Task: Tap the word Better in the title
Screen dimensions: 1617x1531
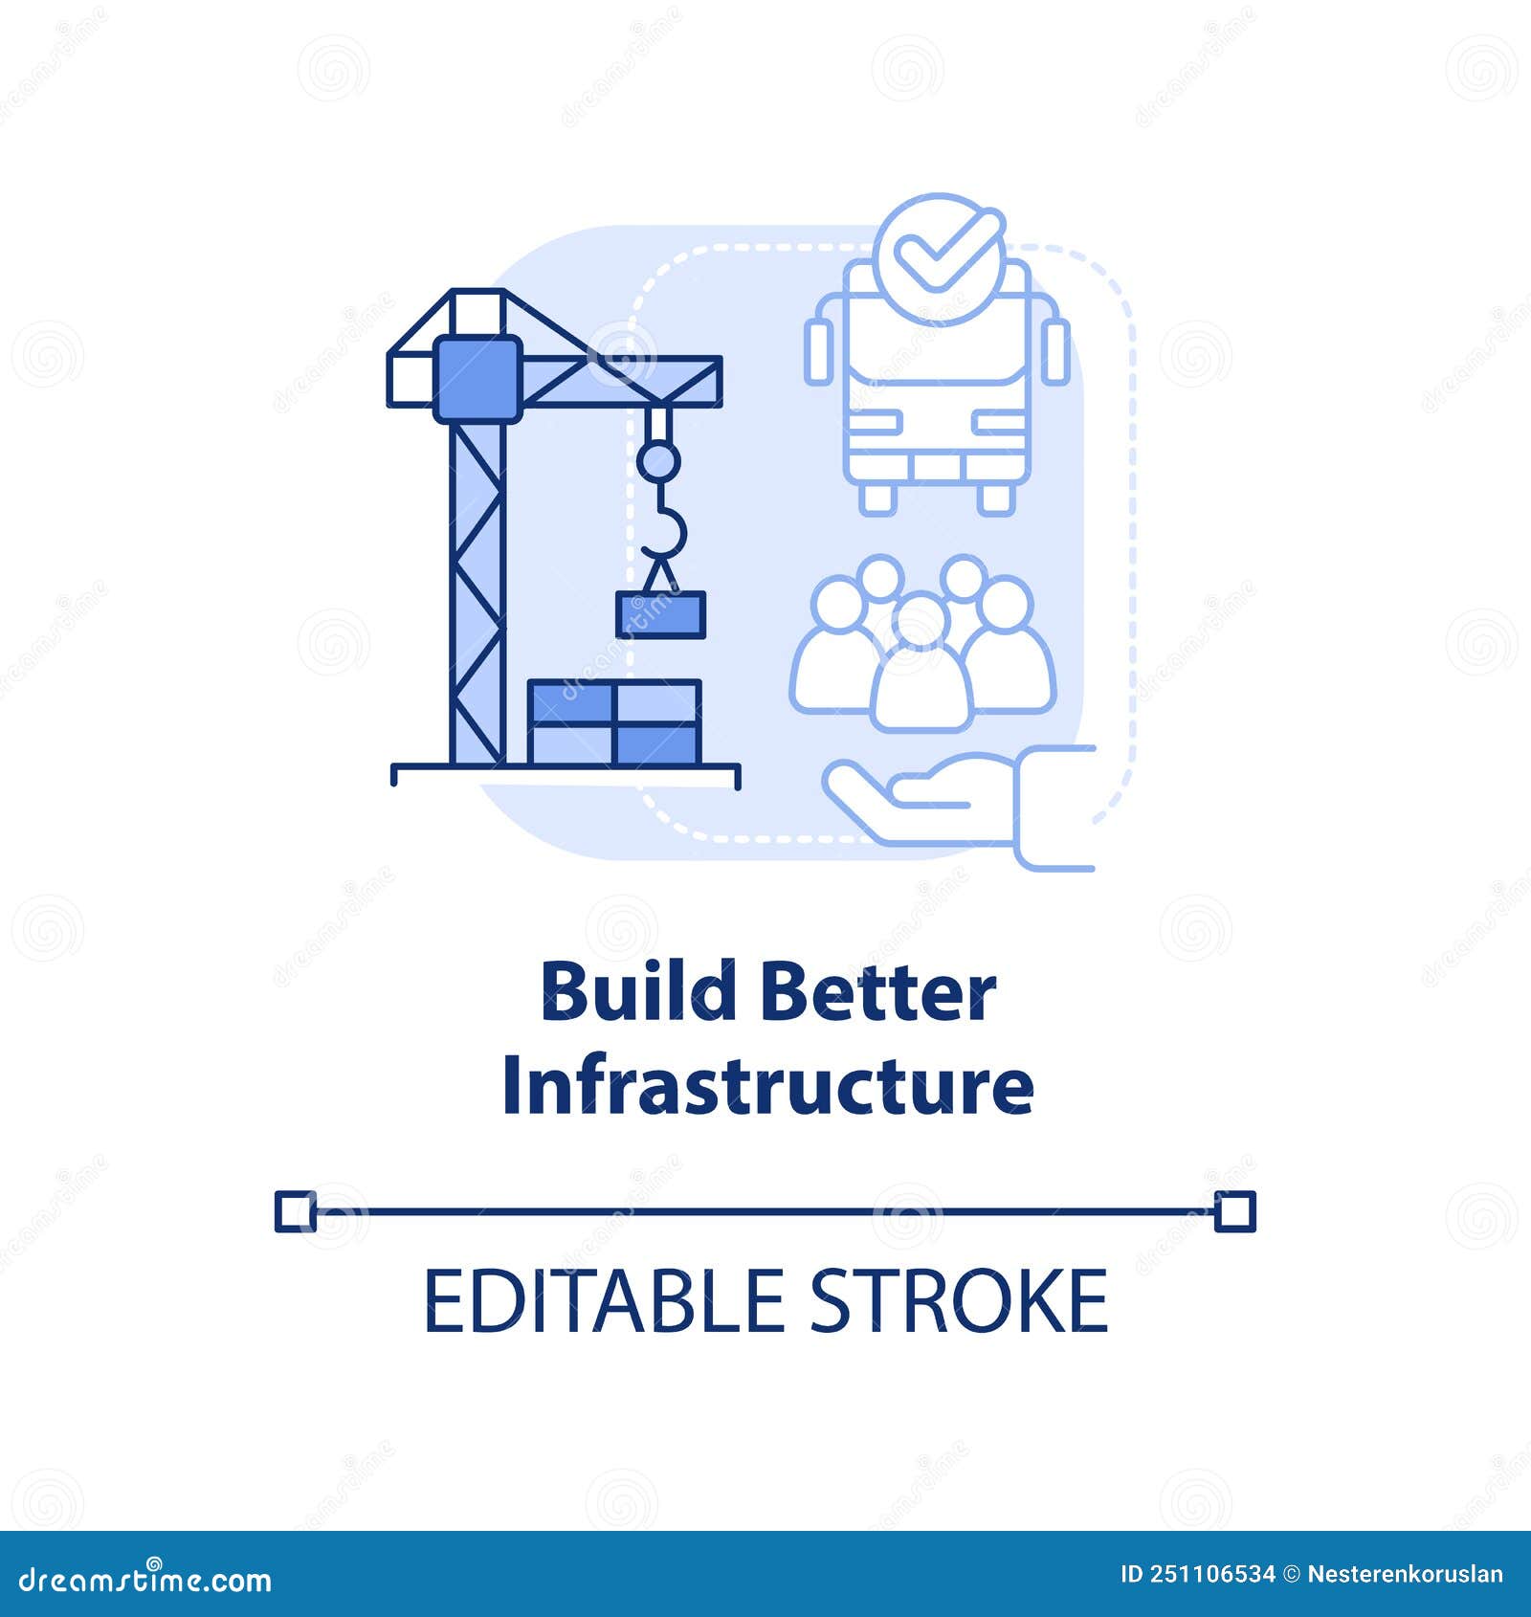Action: (x=877, y=991)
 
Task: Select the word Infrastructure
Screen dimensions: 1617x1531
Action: (x=767, y=1085)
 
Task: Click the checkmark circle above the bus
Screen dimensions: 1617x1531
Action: (x=939, y=256)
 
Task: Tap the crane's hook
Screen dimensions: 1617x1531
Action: (x=666, y=531)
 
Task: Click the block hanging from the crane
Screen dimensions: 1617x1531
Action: (x=660, y=614)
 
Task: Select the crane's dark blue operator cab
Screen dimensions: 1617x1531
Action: (x=477, y=378)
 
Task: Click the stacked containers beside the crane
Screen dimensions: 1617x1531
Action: (x=614, y=722)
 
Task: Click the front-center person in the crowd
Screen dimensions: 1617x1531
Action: (x=921, y=670)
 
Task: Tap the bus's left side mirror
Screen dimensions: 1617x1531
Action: (x=819, y=352)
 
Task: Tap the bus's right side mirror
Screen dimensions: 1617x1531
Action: (x=1056, y=352)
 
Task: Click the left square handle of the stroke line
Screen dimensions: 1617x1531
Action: (x=295, y=1211)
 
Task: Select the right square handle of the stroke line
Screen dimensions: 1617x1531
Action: (x=1234, y=1211)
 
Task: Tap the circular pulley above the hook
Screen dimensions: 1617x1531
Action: (x=658, y=461)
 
